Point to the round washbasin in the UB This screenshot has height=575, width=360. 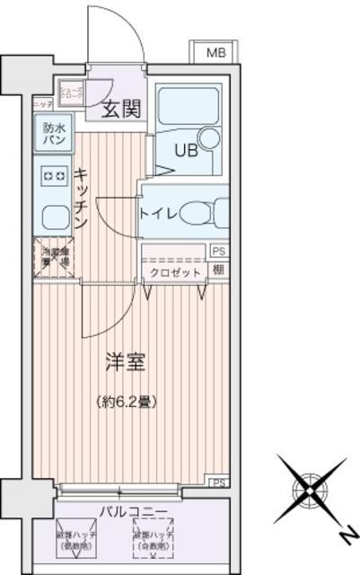(209, 137)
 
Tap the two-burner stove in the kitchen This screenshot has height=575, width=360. (51, 176)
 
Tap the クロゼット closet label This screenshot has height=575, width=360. (174, 271)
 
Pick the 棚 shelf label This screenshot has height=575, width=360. (218, 269)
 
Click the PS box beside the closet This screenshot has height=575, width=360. (218, 252)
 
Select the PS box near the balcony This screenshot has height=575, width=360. (218, 482)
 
